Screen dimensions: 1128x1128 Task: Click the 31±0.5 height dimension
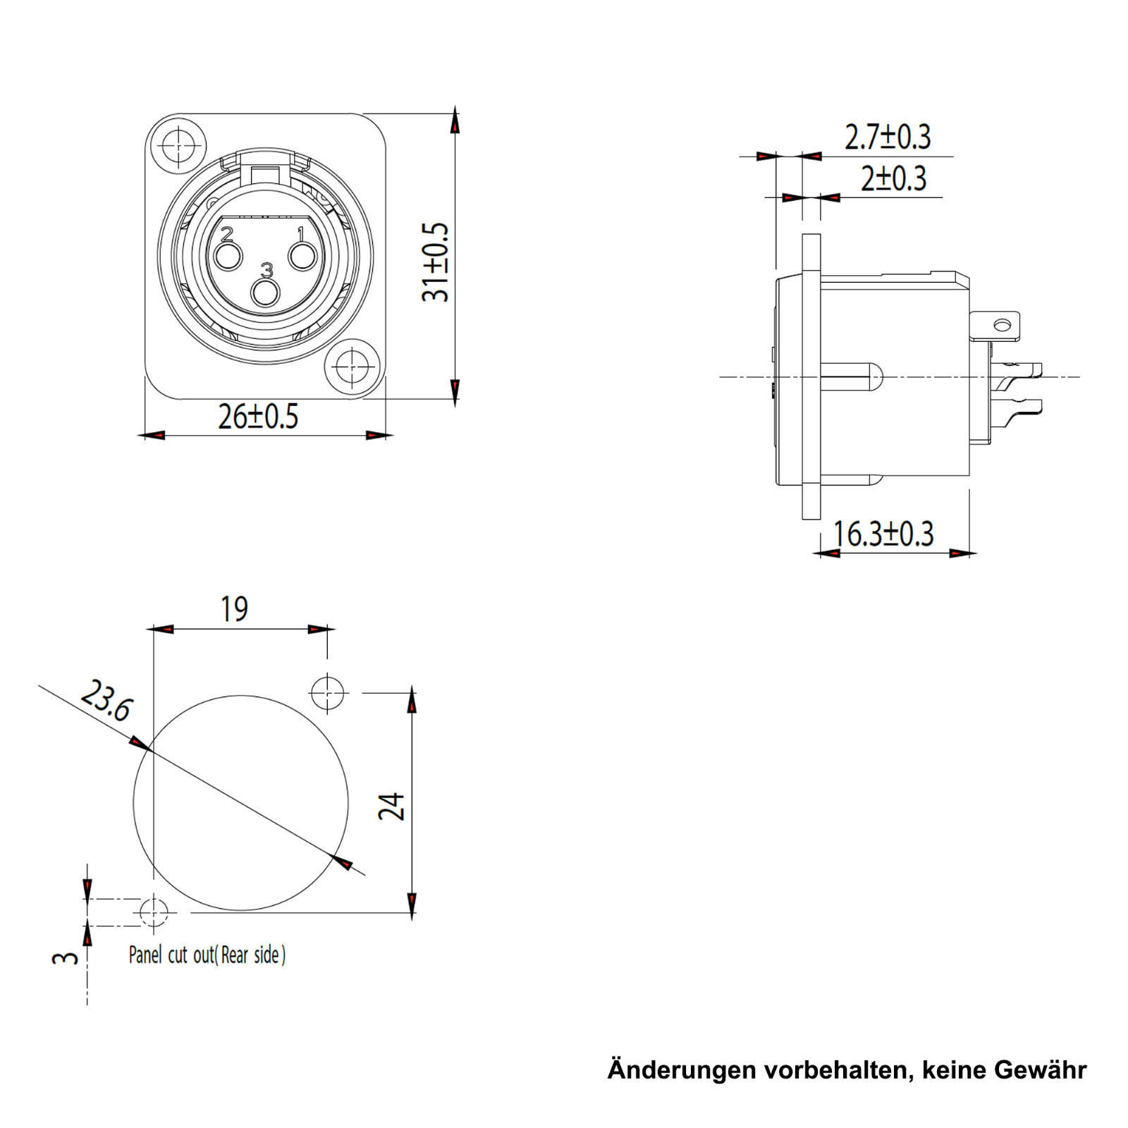(x=435, y=262)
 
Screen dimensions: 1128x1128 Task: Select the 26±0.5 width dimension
(x=258, y=417)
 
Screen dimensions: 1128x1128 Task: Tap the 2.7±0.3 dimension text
(x=888, y=137)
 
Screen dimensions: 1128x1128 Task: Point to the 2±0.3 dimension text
(x=893, y=179)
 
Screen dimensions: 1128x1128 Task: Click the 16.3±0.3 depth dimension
(x=883, y=534)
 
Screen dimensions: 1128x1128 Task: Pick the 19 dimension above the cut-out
(x=234, y=609)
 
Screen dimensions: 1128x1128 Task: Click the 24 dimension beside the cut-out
(x=392, y=806)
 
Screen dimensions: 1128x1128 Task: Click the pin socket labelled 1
(x=304, y=257)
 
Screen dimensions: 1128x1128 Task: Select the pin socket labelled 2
(x=228, y=257)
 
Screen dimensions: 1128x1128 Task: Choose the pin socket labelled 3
(x=266, y=292)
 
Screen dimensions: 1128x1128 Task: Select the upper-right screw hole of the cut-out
(x=328, y=692)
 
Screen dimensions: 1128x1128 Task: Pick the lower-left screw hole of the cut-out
(x=154, y=912)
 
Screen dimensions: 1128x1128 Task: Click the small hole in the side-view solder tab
(x=1002, y=325)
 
